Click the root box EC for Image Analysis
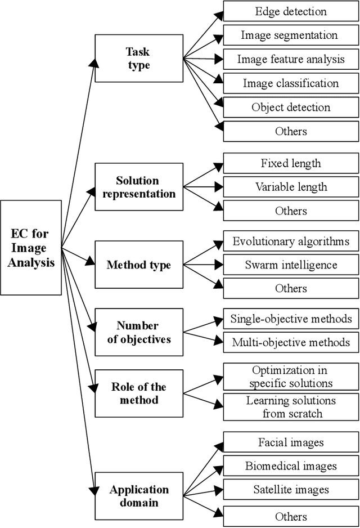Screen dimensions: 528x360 point(31,248)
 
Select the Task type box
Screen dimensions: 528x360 point(138,59)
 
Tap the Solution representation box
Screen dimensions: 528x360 point(138,187)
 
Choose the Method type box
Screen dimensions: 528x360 point(138,265)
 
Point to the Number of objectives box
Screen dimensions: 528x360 point(138,332)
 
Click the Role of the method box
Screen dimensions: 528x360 point(138,393)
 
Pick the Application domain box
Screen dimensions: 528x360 point(138,495)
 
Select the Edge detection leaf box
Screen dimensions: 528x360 point(291,11)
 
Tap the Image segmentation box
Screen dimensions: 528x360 point(291,35)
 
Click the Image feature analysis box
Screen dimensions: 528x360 point(291,59)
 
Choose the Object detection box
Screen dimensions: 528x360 point(291,107)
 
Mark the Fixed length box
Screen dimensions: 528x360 point(291,163)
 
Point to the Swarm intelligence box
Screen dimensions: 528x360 point(291,265)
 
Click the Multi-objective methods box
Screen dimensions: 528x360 point(291,342)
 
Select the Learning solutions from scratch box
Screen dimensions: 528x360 point(291,407)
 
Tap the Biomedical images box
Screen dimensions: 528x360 point(291,466)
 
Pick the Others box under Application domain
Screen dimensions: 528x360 point(291,516)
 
